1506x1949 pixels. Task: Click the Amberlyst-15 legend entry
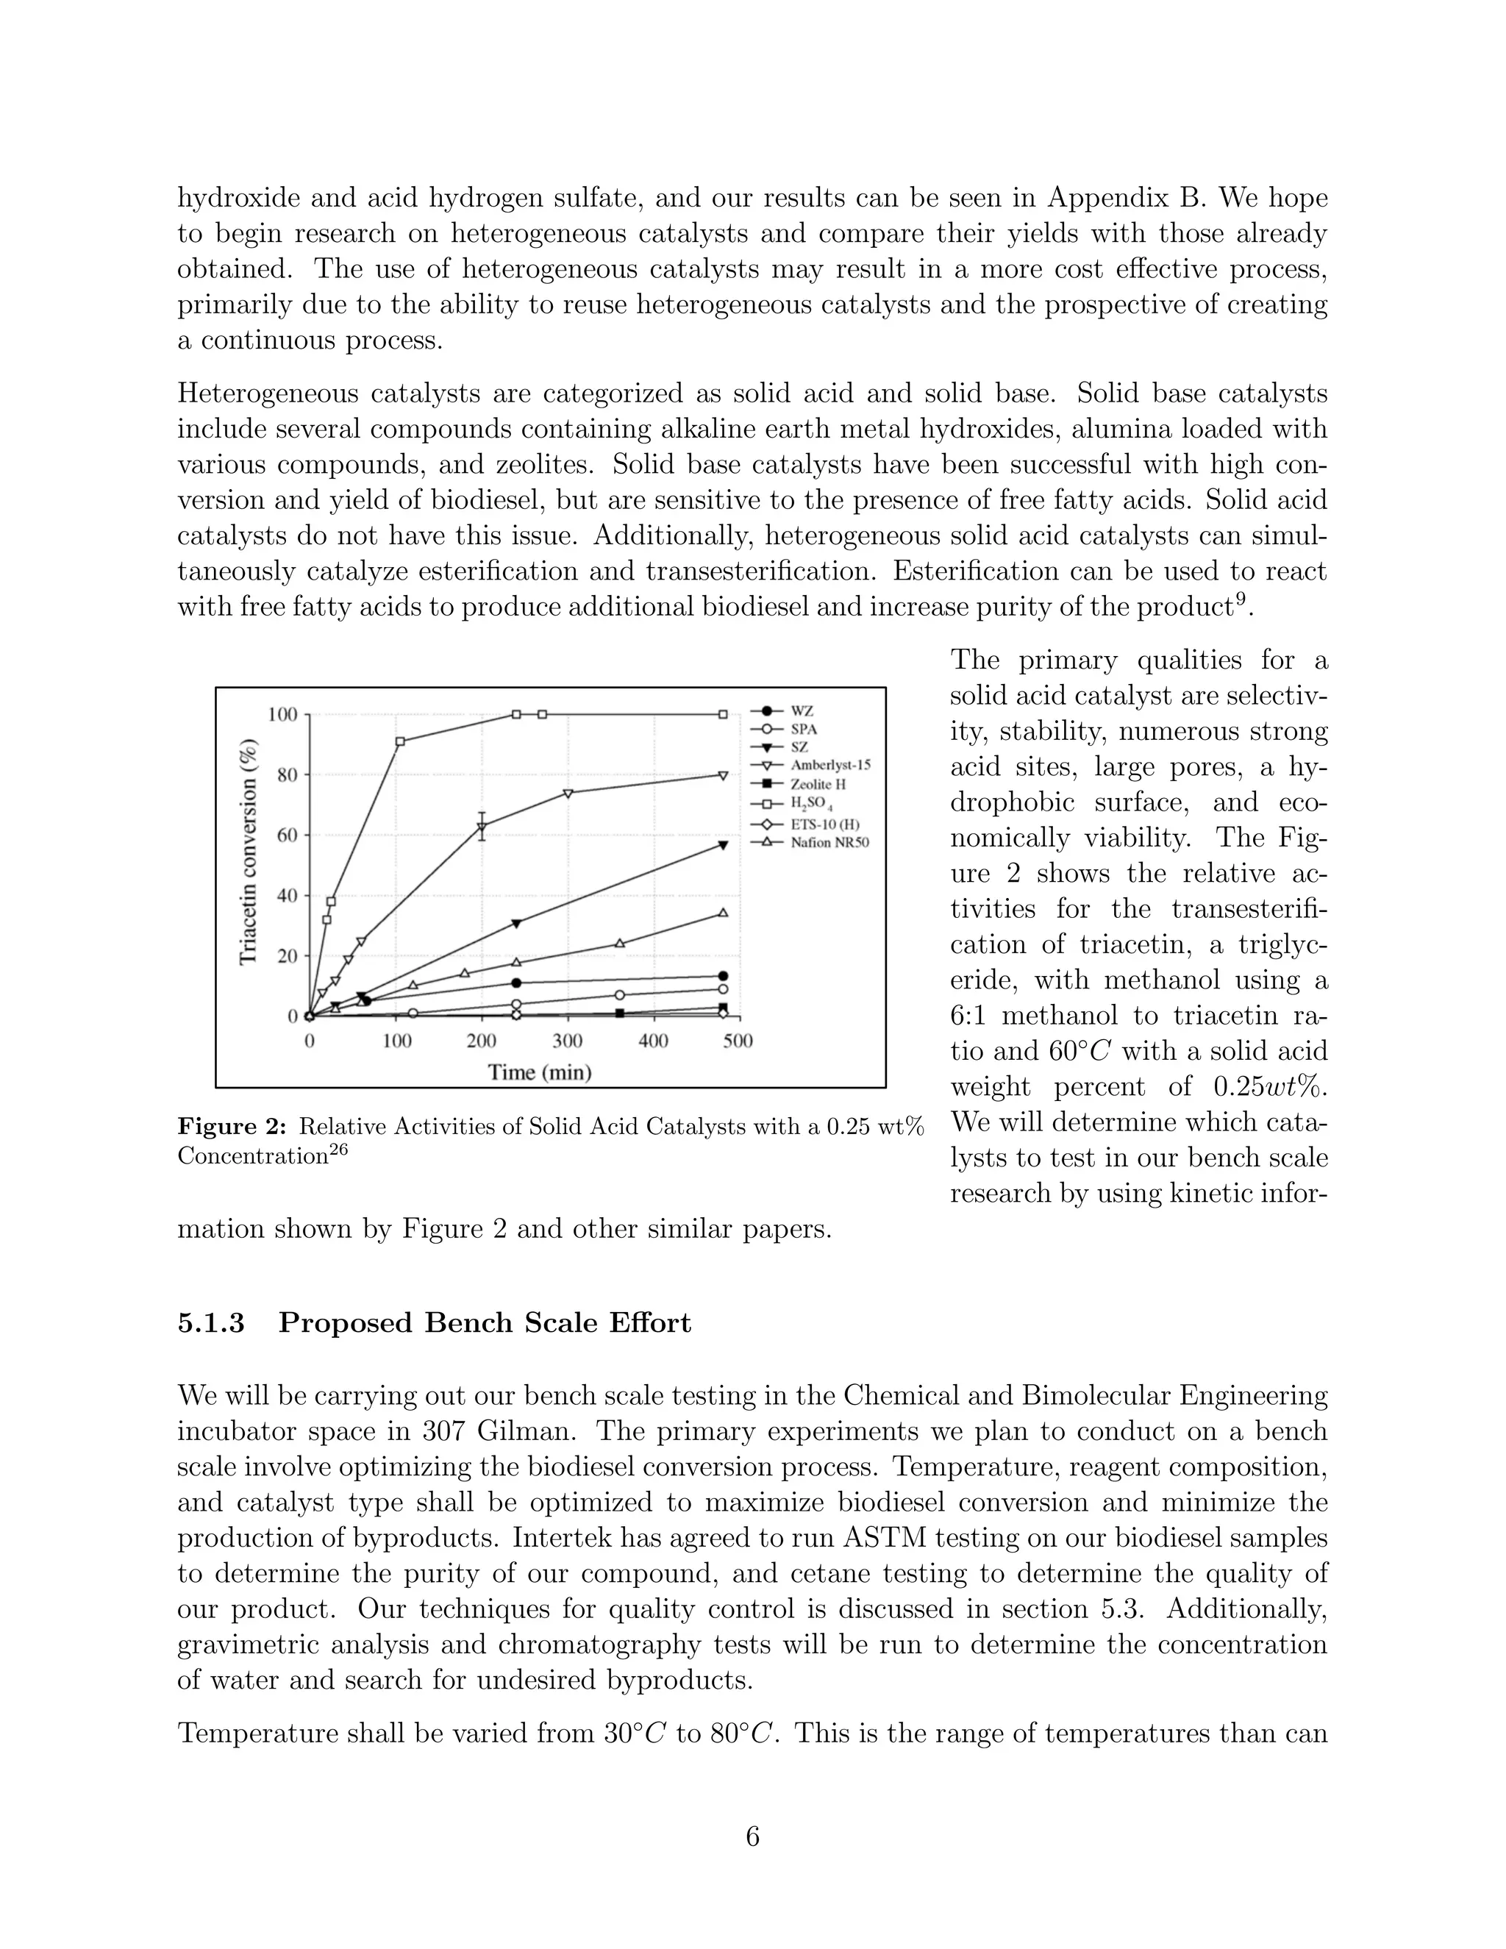(x=829, y=765)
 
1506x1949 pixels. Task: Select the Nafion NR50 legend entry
(x=829, y=841)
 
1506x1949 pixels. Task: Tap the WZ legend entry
(x=802, y=711)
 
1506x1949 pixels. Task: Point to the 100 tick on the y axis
(x=283, y=715)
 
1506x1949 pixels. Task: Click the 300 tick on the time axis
(x=568, y=1041)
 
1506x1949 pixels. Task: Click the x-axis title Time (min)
(x=540, y=1072)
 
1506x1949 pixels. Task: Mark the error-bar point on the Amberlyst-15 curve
(x=482, y=827)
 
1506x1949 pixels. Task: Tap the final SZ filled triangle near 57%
(x=723, y=844)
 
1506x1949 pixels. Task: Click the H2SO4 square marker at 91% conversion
(x=400, y=741)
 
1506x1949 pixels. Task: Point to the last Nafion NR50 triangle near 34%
(x=723, y=912)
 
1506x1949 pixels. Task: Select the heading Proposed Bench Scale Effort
(x=485, y=1322)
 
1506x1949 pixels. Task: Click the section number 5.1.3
(x=212, y=1322)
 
